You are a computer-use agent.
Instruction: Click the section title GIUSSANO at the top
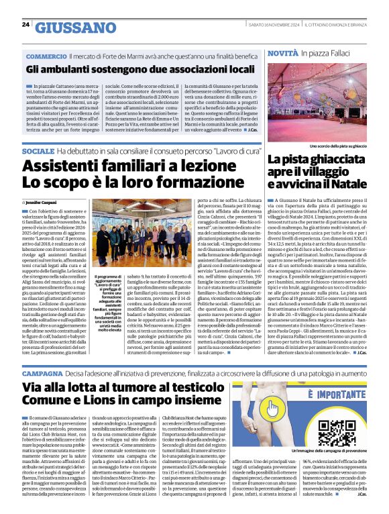[x=74, y=28]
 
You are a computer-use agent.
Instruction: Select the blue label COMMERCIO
[x=46, y=56]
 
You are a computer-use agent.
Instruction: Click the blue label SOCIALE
[x=38, y=152]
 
